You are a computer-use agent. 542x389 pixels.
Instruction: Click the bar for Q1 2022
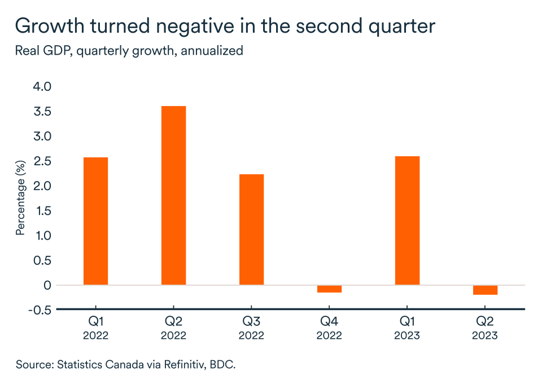(95, 221)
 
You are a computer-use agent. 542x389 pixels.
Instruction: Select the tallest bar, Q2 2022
(173, 196)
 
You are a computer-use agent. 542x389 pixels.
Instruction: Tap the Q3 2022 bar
(251, 229)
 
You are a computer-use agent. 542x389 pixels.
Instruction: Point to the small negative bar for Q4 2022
(329, 289)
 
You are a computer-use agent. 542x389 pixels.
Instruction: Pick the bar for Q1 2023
(407, 220)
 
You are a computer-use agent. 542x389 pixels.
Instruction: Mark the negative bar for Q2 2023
(485, 290)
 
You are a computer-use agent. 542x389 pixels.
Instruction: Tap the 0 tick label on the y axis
(47, 285)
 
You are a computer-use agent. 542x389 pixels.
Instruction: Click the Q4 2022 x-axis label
(329, 329)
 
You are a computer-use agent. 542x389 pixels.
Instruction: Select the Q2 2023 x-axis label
(485, 329)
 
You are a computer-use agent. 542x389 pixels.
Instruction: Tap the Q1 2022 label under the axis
(95, 329)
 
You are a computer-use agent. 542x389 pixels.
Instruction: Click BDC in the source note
(221, 364)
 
